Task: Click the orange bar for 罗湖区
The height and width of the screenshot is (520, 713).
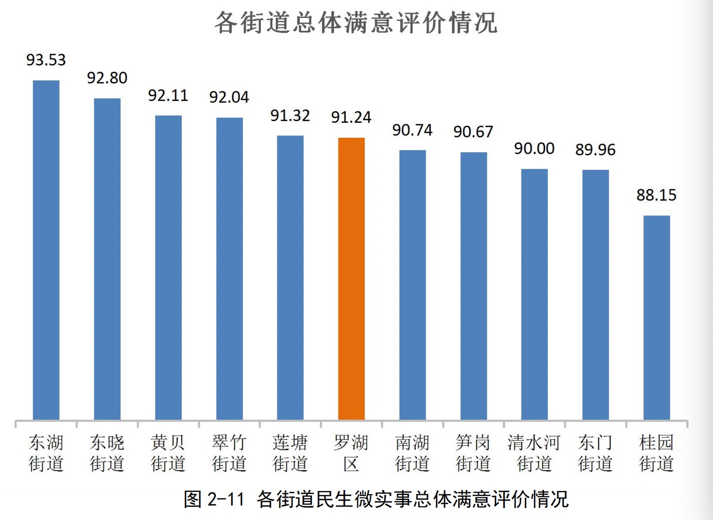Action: (x=351, y=279)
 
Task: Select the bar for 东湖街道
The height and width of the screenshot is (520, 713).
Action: (x=46, y=250)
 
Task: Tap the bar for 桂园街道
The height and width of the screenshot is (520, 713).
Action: (x=656, y=318)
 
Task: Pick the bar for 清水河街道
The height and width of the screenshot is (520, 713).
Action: (x=534, y=294)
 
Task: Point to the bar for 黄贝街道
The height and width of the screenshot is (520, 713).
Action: (x=168, y=268)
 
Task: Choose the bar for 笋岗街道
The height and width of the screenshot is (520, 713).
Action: (x=473, y=286)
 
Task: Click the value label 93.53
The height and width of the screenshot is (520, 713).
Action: (x=46, y=60)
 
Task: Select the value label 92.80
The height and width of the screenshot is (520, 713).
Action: (x=107, y=78)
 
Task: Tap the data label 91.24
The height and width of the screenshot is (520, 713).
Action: (x=351, y=117)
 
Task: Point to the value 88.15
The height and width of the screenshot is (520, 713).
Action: (x=656, y=195)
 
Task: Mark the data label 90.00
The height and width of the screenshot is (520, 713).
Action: (x=534, y=149)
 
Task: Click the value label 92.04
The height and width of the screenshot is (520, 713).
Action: (x=229, y=97)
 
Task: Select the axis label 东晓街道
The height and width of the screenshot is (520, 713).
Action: (x=107, y=453)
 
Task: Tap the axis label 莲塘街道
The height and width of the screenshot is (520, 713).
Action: (x=290, y=453)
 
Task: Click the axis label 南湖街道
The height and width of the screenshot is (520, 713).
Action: (x=412, y=453)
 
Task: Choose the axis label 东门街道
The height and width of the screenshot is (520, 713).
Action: (x=595, y=453)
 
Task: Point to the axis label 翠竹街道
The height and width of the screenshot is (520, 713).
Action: (x=229, y=453)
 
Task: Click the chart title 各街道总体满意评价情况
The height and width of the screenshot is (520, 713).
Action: (x=356, y=23)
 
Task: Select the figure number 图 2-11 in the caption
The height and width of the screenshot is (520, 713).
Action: (x=214, y=499)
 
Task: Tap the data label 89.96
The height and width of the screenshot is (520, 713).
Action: (x=595, y=150)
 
